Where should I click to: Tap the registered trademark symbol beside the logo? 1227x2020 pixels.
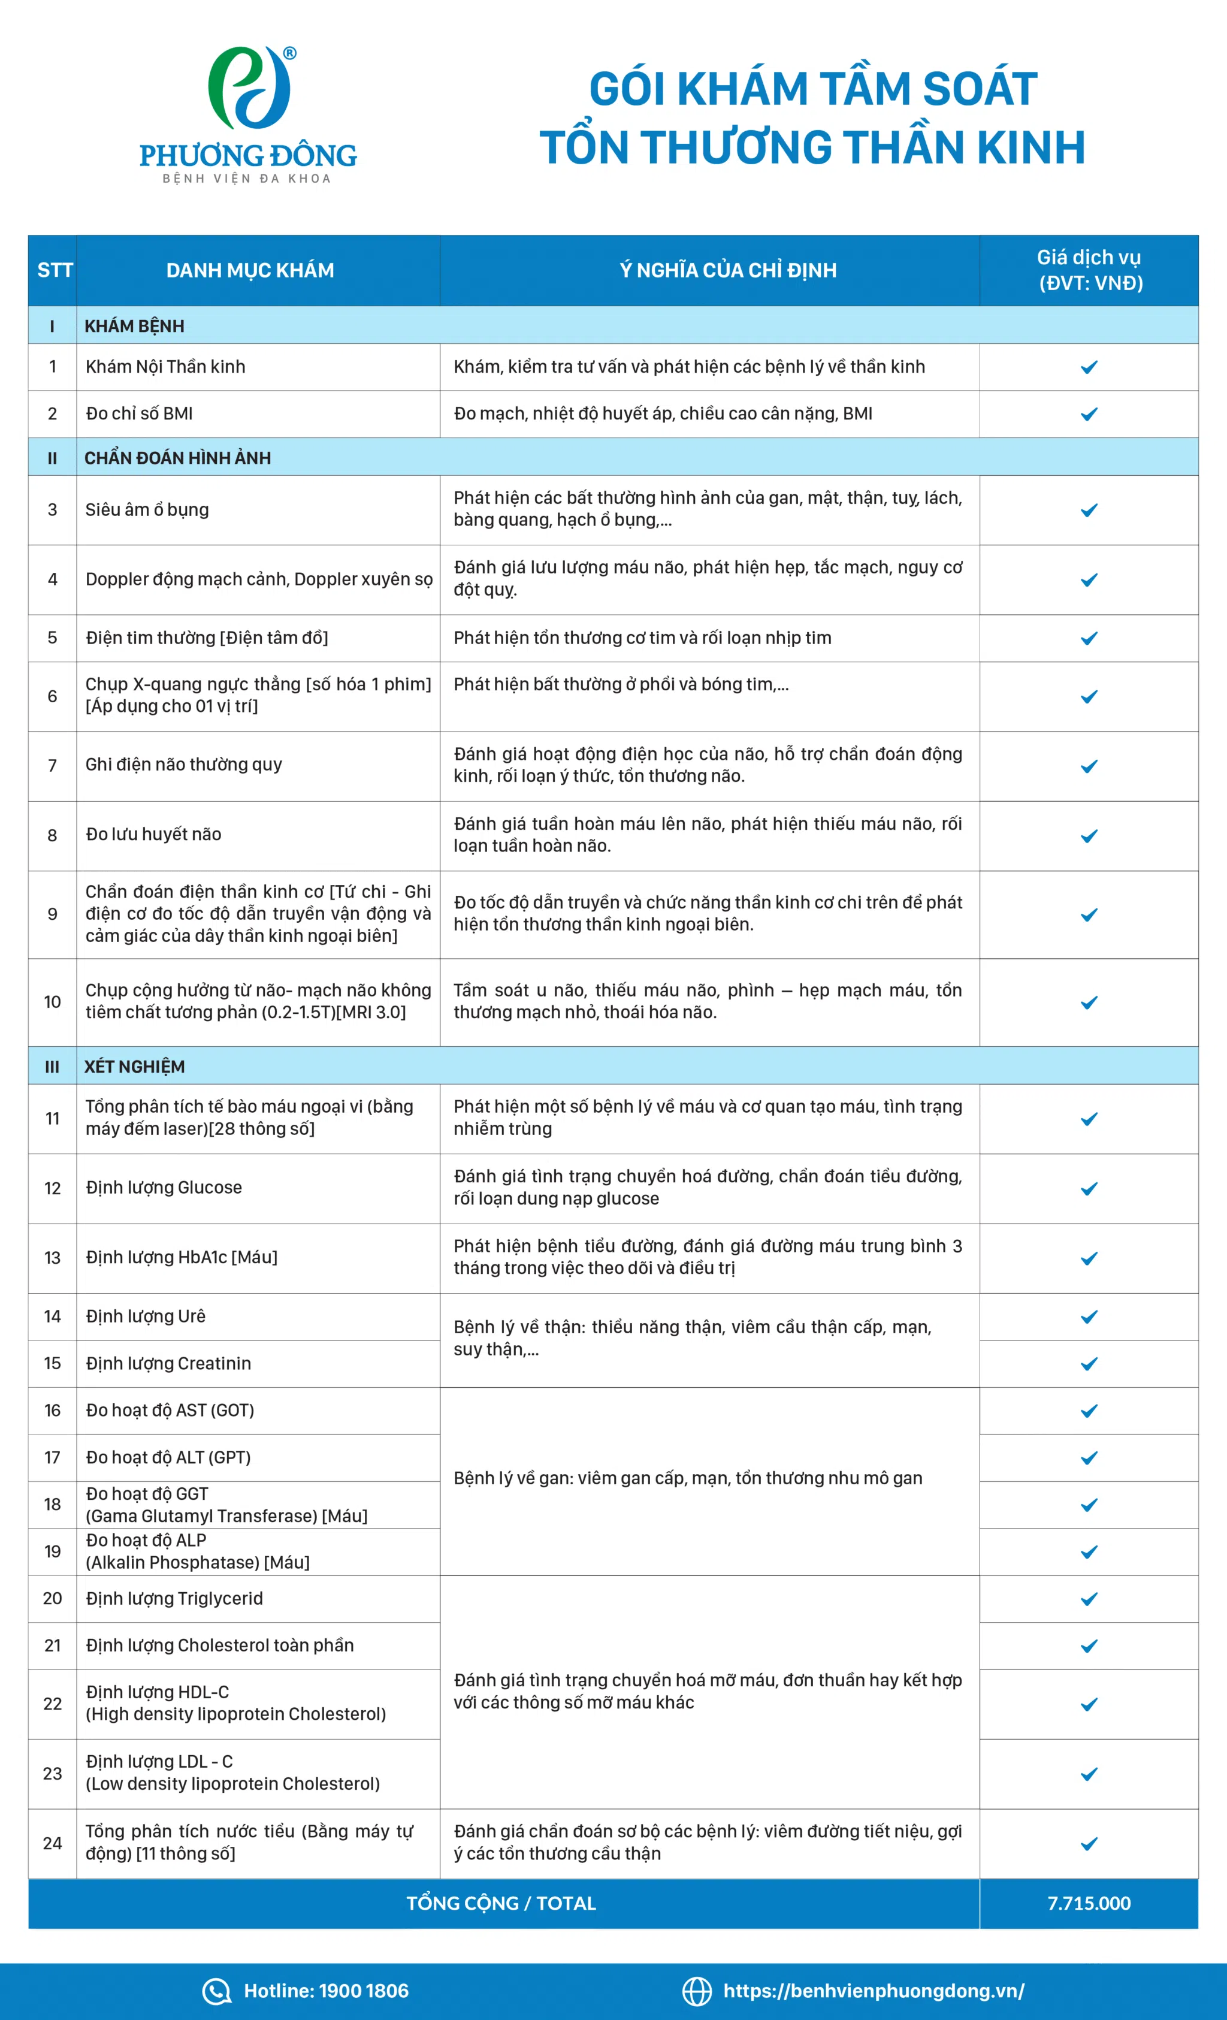click(289, 53)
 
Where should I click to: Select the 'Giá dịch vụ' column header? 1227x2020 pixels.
click(1089, 270)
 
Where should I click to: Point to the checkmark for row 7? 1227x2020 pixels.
click(1089, 766)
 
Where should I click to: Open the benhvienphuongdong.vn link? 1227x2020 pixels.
click(873, 1991)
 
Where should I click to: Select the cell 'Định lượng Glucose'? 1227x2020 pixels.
click(164, 1187)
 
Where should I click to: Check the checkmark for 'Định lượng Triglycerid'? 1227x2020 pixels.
click(1089, 1599)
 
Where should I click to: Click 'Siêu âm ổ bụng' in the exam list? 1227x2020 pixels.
click(147, 510)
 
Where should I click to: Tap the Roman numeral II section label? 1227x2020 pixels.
click(53, 458)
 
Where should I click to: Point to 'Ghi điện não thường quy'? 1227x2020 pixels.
click(183, 765)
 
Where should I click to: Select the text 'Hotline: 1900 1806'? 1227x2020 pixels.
click(326, 1991)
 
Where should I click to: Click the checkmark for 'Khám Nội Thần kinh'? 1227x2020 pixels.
click(1089, 367)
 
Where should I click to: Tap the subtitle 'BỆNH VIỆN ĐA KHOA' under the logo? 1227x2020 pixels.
click(247, 179)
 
